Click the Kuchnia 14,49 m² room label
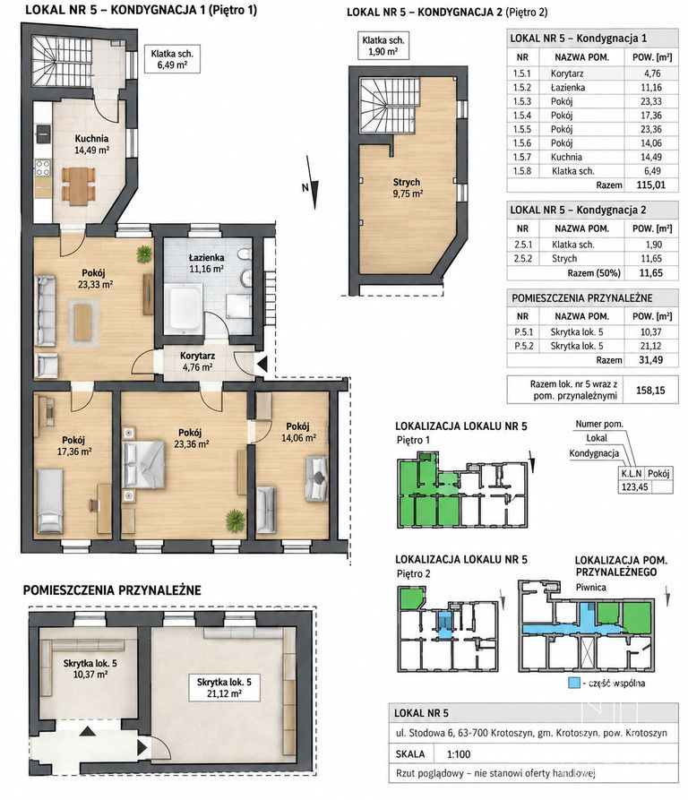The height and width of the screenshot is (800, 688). coord(91,144)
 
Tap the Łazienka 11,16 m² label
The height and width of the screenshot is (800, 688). coord(207,262)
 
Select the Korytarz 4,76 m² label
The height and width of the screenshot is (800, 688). coord(197,361)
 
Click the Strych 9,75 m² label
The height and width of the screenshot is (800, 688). coord(407,187)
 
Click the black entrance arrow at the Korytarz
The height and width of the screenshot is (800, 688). coord(262,365)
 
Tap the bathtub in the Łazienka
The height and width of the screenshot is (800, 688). coord(185,306)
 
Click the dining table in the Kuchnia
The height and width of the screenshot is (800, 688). coord(79,185)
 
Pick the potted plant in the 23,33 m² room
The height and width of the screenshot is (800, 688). coord(144,254)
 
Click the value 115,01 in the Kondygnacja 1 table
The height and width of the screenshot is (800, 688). coord(650,185)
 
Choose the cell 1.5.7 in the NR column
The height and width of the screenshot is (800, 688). coord(522,157)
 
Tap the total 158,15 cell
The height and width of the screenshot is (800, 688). coord(650,391)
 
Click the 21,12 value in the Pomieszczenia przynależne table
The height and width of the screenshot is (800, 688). coord(650,346)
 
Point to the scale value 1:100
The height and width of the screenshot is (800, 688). coord(459,754)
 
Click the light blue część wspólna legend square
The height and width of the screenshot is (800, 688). coord(574,683)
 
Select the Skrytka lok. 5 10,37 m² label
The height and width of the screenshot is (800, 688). coord(90,669)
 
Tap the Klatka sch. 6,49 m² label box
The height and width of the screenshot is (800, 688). coord(171,58)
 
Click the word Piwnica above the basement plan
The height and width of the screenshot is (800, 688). coord(590,588)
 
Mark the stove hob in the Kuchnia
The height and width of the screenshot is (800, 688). coord(43,168)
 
